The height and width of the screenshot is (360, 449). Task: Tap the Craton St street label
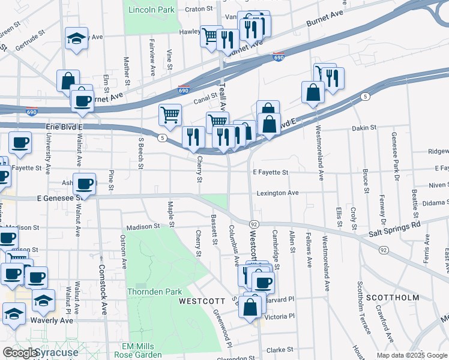coord(200,9)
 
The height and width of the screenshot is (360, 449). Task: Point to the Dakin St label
coord(364,128)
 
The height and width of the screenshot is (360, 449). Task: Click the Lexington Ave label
coord(278,193)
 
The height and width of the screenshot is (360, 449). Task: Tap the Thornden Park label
coord(154,292)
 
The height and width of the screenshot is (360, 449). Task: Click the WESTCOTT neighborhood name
coord(202,301)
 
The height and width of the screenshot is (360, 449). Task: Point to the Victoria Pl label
coord(280,316)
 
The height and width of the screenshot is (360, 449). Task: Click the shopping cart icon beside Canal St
coord(170,113)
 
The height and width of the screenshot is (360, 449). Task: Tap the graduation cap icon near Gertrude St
coord(76,38)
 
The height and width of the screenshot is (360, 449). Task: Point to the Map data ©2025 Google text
coord(411,355)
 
